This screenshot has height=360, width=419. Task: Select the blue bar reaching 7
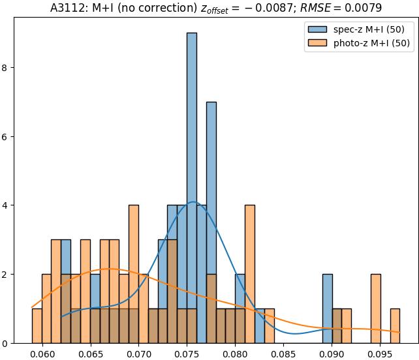[x=211, y=222]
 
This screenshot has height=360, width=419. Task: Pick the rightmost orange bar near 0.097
[x=395, y=326]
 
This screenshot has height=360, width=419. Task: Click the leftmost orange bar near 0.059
[x=37, y=326]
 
